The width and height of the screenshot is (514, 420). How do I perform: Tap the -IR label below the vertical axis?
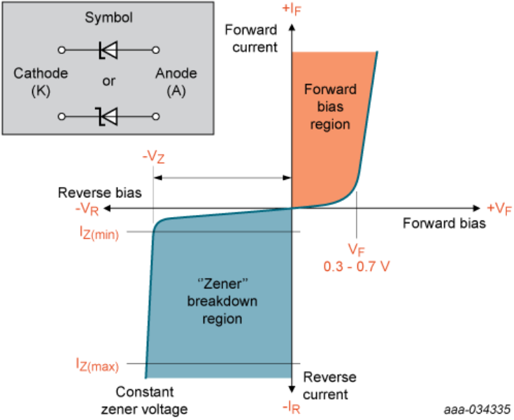click(x=292, y=407)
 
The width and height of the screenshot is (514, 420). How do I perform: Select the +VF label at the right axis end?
click(x=499, y=209)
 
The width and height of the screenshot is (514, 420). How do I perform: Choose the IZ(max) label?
click(x=98, y=364)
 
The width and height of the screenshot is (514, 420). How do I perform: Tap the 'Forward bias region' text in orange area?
click(x=331, y=106)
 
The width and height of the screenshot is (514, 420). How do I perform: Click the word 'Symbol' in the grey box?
click(x=108, y=15)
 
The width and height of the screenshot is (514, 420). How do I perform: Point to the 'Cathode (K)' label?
click(x=41, y=81)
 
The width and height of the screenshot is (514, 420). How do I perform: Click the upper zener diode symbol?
click(x=108, y=50)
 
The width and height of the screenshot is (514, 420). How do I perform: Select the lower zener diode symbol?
click(x=108, y=115)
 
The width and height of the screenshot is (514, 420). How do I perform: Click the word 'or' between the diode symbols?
click(x=108, y=81)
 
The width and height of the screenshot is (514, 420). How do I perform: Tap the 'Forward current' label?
click(x=251, y=38)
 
